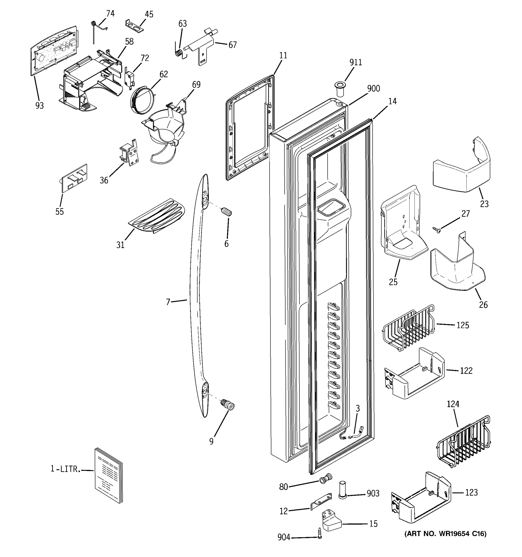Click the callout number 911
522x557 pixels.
point(355,62)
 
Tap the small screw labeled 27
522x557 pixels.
point(436,230)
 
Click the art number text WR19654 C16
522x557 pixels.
point(445,534)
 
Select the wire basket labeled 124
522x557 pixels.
point(464,442)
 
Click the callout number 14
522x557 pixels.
point(392,101)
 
